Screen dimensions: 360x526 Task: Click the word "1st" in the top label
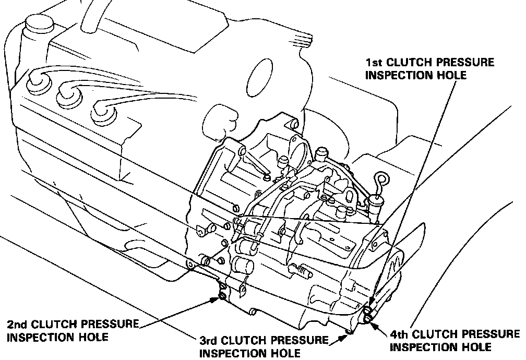click(x=376, y=63)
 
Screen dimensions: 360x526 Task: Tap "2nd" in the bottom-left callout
click(x=18, y=324)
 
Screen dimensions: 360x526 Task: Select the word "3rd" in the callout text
click(x=211, y=341)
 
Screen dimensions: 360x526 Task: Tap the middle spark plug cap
click(x=67, y=94)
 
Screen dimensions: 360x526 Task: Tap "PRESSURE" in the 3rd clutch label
click(x=305, y=341)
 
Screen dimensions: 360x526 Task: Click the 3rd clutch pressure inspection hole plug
click(x=349, y=331)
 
